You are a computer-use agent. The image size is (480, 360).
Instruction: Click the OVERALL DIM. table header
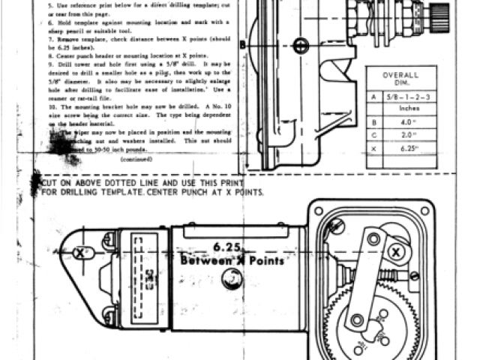400,79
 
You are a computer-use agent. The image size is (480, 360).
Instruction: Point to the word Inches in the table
409,109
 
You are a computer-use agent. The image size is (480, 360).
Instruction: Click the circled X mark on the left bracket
81,253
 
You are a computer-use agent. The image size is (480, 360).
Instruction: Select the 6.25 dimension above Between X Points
226,247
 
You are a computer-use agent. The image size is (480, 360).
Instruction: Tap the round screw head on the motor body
231,279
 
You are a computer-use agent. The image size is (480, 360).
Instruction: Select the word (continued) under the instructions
135,159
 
